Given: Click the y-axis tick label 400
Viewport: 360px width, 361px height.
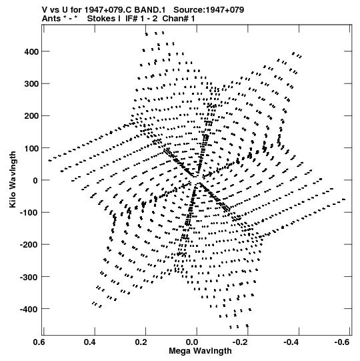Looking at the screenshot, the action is point(31,52).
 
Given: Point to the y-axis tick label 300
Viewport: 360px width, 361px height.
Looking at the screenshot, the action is point(31,84).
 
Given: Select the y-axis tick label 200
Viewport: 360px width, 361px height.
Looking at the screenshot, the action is point(31,116).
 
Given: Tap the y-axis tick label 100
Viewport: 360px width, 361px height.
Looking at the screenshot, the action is point(31,148).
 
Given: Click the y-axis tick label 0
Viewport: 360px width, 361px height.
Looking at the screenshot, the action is point(35,180).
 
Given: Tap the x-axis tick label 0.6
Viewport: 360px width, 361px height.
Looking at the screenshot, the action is point(39,342).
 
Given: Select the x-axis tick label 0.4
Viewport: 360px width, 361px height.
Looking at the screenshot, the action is point(90,342).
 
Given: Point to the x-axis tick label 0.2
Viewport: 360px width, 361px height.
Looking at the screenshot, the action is point(141,342).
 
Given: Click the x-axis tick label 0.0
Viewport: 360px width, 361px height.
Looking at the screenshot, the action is point(192,342).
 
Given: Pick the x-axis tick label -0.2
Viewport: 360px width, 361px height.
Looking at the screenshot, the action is point(241,342).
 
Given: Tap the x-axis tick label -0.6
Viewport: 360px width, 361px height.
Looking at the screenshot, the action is point(342,342).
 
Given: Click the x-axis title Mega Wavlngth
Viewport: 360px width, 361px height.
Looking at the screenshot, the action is point(200,351).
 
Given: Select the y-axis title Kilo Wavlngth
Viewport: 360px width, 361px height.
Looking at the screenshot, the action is point(13,179).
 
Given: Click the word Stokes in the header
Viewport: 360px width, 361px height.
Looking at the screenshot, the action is point(103,19).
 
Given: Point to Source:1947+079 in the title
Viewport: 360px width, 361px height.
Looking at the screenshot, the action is point(209,10).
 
